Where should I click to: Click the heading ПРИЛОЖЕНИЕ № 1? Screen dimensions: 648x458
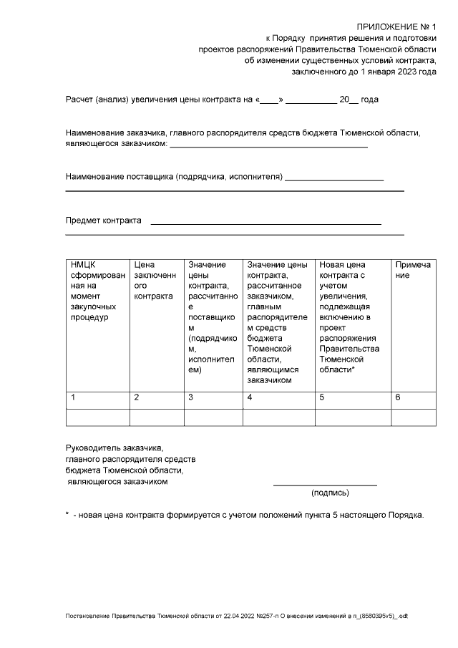[396, 26]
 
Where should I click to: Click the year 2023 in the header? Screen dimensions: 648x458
[407, 72]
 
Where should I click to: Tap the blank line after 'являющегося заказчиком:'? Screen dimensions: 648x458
[268, 146]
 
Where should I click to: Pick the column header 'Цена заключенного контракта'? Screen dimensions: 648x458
[156, 280]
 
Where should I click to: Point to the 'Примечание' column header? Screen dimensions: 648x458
[413, 270]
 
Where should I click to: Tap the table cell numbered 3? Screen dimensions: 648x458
[213, 397]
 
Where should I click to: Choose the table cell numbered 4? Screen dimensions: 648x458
[278, 397]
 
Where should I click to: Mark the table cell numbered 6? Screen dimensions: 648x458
[413, 397]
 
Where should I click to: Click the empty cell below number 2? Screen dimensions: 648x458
[156, 417]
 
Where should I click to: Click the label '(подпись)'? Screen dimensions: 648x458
[330, 493]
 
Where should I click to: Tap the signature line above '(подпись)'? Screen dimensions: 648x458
[325, 485]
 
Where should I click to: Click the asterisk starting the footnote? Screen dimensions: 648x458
[67, 515]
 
